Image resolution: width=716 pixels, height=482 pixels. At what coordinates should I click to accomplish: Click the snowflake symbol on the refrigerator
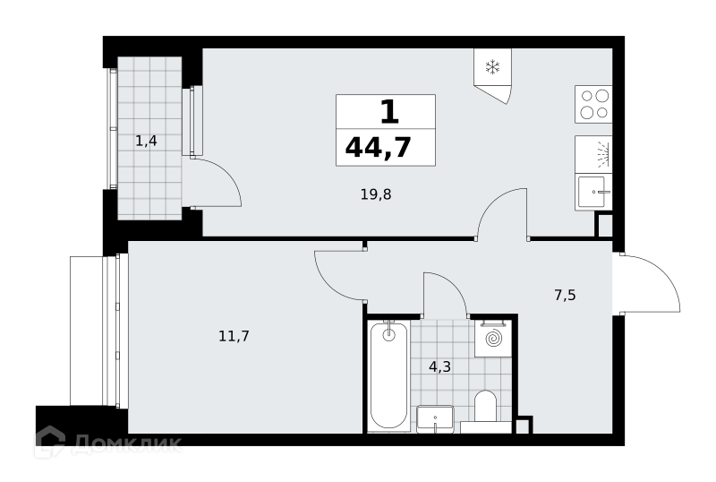[492, 67]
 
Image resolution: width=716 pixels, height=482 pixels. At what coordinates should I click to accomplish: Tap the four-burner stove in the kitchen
[593, 104]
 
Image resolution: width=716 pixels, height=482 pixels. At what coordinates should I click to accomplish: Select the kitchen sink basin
[592, 192]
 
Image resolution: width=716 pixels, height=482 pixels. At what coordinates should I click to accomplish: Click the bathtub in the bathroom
[388, 376]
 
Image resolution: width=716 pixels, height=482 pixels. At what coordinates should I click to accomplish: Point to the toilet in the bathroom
[485, 411]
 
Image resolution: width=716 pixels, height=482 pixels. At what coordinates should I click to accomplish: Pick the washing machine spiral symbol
[493, 339]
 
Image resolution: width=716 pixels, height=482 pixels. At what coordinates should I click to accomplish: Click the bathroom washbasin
[435, 419]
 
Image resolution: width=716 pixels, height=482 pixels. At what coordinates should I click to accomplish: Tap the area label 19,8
[376, 194]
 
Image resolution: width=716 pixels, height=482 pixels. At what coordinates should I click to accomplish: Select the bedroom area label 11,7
[234, 337]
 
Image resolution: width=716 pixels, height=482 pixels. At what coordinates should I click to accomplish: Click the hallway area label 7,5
[565, 296]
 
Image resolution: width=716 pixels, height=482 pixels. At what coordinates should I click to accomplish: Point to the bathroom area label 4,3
[439, 366]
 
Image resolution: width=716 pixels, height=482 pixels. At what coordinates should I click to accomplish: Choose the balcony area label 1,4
[146, 141]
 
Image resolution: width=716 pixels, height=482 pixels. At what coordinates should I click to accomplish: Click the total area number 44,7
[379, 148]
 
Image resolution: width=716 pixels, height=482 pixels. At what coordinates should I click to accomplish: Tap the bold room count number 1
[389, 113]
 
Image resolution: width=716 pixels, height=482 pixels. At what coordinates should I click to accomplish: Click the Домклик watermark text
[127, 443]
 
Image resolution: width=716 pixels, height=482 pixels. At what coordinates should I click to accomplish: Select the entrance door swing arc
[663, 273]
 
